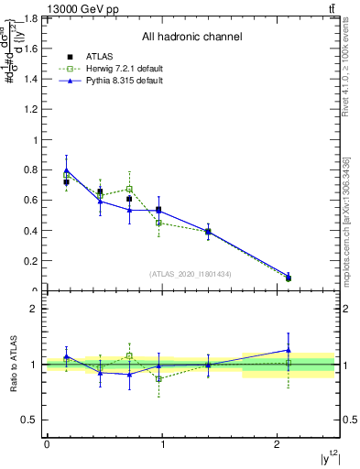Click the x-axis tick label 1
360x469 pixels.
point(162,444)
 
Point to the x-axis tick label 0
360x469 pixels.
point(47,444)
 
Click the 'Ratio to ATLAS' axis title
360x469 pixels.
point(13,365)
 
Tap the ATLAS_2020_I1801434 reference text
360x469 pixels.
point(191,274)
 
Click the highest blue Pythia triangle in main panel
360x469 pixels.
point(66,169)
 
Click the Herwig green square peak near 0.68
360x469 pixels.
point(129,189)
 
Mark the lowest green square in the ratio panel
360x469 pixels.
point(158,378)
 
